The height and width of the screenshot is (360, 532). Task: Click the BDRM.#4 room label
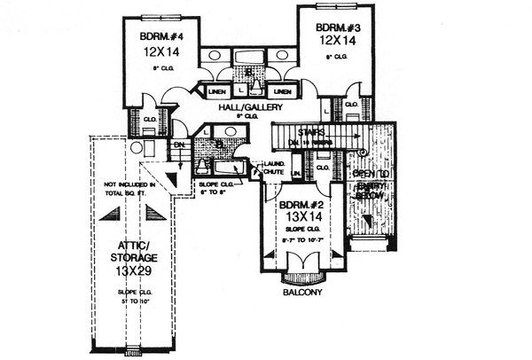click(x=162, y=36)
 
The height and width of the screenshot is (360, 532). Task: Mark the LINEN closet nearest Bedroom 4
click(x=217, y=91)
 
